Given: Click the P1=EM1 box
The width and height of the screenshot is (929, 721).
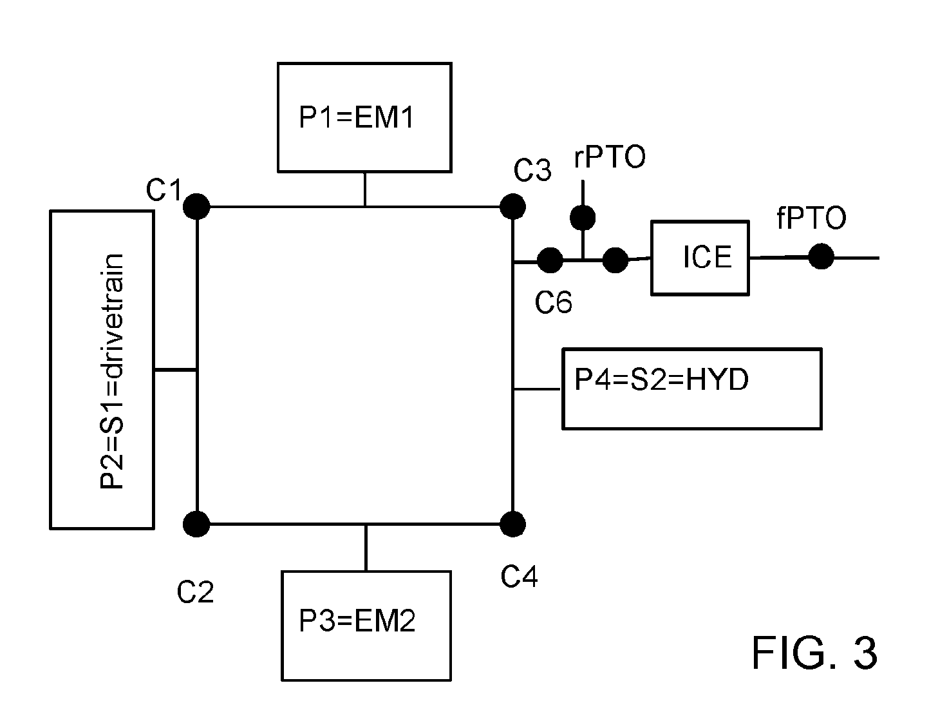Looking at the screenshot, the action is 364,117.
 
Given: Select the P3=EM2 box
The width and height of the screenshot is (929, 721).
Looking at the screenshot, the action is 366,626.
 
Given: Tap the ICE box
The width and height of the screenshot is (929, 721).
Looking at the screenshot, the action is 700,258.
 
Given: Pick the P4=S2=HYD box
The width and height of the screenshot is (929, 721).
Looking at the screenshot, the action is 691,389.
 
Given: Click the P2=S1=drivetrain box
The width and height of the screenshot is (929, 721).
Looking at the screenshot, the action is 102,370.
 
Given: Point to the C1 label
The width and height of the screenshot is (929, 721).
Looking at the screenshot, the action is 164,189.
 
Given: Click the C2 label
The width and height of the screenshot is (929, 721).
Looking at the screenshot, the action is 195,592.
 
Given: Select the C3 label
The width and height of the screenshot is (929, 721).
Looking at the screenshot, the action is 532,170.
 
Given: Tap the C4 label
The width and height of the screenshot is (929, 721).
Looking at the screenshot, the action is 519,576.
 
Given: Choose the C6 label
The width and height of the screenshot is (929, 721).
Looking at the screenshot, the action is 553,302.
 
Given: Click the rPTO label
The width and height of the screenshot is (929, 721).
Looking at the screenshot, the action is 610,157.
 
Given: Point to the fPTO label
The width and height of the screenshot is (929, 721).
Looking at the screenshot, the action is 811,218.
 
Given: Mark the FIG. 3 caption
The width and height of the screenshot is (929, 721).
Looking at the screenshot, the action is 814,653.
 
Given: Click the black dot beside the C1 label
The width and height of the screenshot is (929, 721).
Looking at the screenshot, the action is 196,206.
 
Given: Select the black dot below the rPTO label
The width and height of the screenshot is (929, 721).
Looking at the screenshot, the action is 583,217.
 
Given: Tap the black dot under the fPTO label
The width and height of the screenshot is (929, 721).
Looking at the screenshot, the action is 821,256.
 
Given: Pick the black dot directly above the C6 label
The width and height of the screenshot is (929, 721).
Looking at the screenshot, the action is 550,260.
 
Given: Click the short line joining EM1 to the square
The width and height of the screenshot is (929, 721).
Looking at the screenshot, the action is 364,189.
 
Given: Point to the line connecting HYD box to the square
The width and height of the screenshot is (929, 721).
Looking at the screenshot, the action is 537,389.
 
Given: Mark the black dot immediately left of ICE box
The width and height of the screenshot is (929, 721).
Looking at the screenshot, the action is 615,260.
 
